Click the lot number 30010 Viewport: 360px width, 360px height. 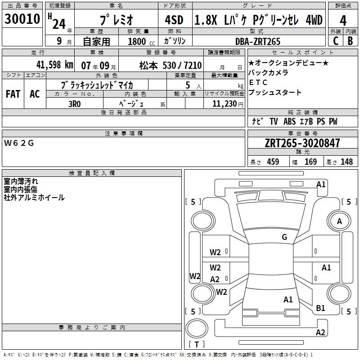[22, 20]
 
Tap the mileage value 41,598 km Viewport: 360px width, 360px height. [45, 64]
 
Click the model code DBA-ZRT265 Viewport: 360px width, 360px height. [258, 41]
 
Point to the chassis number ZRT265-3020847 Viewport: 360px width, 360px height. [302, 144]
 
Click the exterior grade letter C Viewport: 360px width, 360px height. [336, 41]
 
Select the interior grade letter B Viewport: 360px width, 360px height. [351, 41]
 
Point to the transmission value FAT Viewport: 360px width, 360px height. [13, 94]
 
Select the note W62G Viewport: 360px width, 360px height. [19, 143]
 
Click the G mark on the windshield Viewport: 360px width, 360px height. [284, 237]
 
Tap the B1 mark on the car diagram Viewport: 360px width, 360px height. [320, 308]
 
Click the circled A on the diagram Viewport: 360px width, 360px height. [339, 221]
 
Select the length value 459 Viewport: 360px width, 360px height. [273, 162]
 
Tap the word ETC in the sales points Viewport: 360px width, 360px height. [258, 82]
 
